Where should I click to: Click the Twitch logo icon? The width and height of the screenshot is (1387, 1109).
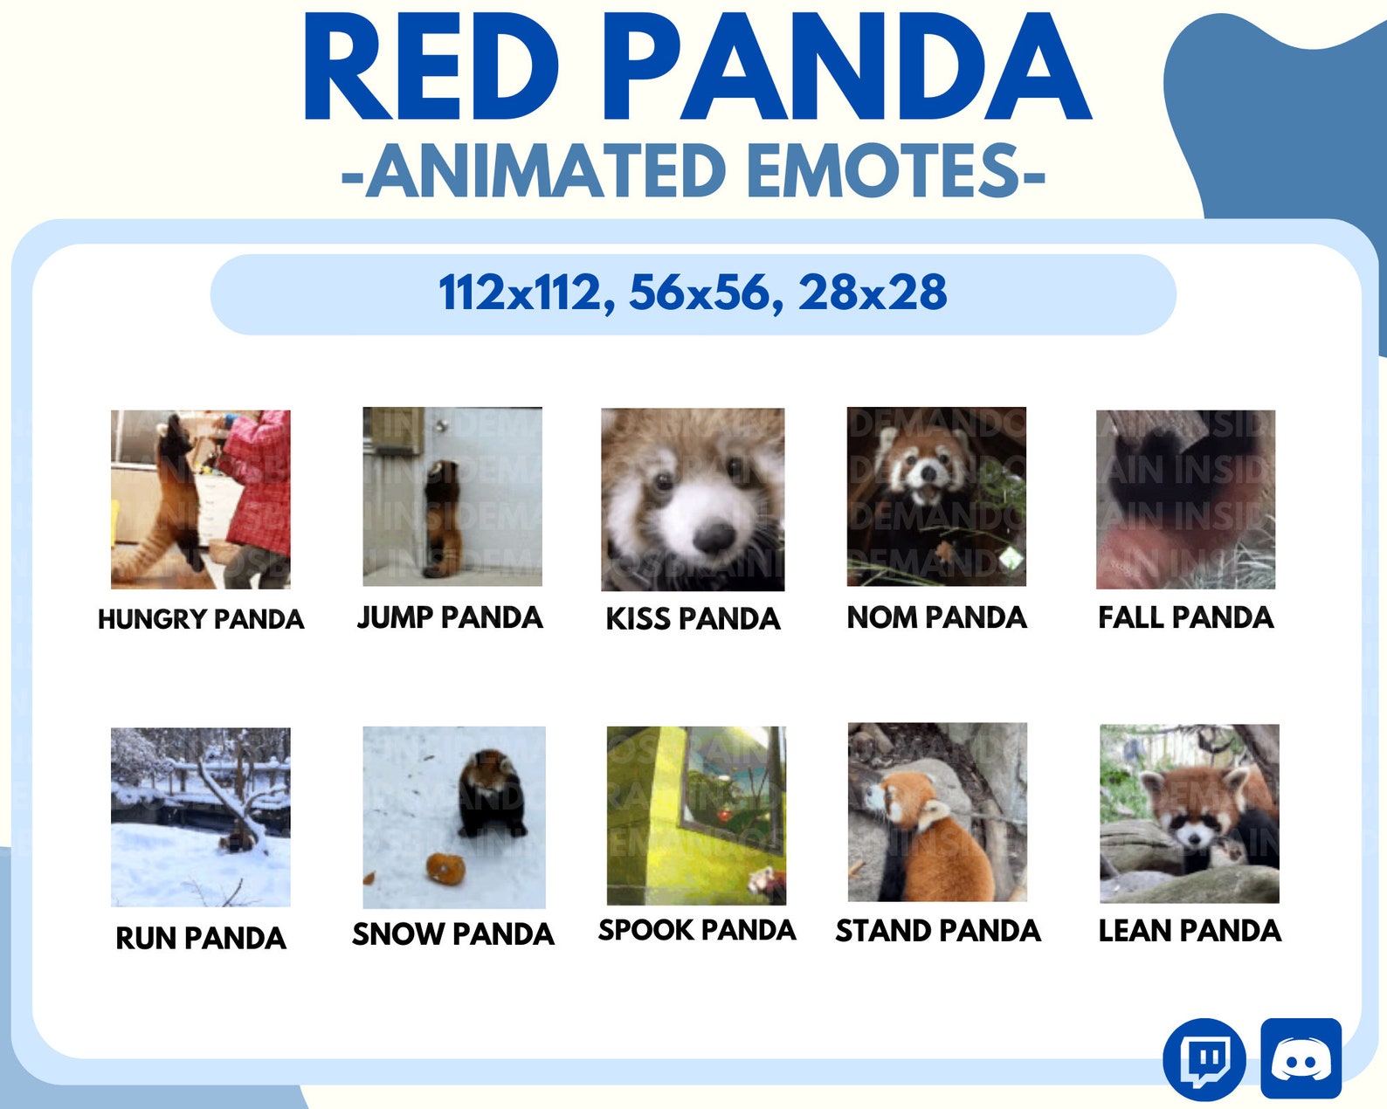click(1204, 1059)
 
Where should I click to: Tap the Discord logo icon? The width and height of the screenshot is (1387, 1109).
click(1301, 1058)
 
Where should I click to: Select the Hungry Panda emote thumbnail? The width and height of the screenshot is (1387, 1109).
click(200, 499)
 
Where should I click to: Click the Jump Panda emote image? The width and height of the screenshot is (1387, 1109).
click(452, 496)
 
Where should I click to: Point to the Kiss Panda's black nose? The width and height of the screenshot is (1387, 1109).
click(714, 536)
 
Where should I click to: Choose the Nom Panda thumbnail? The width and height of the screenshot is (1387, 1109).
click(936, 496)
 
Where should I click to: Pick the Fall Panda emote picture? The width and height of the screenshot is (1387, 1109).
click(1185, 499)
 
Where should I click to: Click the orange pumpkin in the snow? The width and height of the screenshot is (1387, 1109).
click(445, 868)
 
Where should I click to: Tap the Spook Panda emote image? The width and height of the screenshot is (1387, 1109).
click(696, 816)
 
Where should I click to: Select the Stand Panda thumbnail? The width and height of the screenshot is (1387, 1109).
click(937, 812)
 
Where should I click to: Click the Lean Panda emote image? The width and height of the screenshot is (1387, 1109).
click(1189, 814)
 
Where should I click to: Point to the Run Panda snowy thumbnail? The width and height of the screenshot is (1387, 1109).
click(200, 817)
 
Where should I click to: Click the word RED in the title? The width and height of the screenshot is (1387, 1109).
click(430, 68)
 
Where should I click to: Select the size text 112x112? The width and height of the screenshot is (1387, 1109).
click(521, 293)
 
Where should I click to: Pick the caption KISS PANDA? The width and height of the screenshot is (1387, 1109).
click(693, 619)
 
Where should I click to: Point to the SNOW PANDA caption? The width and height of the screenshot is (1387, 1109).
click(452, 934)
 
